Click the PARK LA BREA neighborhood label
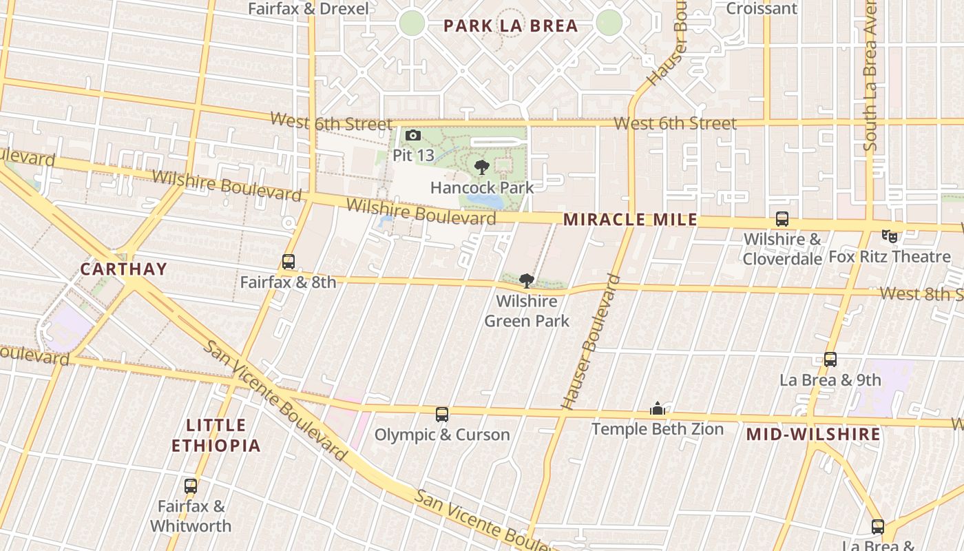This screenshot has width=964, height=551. [510, 26]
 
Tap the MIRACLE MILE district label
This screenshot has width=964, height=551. [630, 220]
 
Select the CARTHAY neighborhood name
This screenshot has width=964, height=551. [124, 269]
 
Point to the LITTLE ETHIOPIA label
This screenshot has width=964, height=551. [216, 435]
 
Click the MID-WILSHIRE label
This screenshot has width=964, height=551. [813, 435]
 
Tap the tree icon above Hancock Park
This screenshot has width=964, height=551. [482, 167]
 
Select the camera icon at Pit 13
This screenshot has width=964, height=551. [413, 136]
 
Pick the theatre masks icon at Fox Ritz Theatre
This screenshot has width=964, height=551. [890, 236]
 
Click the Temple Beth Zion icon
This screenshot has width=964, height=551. [658, 409]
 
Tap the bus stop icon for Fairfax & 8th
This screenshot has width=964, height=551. [289, 262]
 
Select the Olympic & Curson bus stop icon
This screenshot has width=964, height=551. [442, 415]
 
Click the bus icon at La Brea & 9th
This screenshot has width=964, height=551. [830, 360]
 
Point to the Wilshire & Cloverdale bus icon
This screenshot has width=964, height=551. [782, 219]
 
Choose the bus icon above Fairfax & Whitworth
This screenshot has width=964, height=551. [191, 486]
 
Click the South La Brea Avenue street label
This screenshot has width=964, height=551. [870, 76]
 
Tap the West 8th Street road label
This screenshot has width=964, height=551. [921, 294]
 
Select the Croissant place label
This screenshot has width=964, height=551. [762, 8]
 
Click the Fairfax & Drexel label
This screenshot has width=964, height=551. [308, 9]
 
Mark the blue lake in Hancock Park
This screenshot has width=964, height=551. [485, 200]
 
